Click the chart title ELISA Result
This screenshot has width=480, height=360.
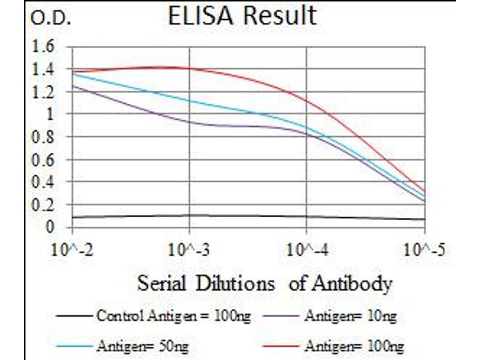click(242, 16)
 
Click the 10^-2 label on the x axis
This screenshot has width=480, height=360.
click(72, 248)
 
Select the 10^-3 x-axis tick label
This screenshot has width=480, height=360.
click(190, 248)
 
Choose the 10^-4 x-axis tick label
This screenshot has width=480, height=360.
click(307, 248)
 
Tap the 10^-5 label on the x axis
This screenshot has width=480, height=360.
click(424, 248)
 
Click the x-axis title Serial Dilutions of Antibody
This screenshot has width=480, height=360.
click(265, 283)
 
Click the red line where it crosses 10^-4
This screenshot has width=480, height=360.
click(307, 100)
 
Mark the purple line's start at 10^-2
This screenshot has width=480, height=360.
click(73, 86)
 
